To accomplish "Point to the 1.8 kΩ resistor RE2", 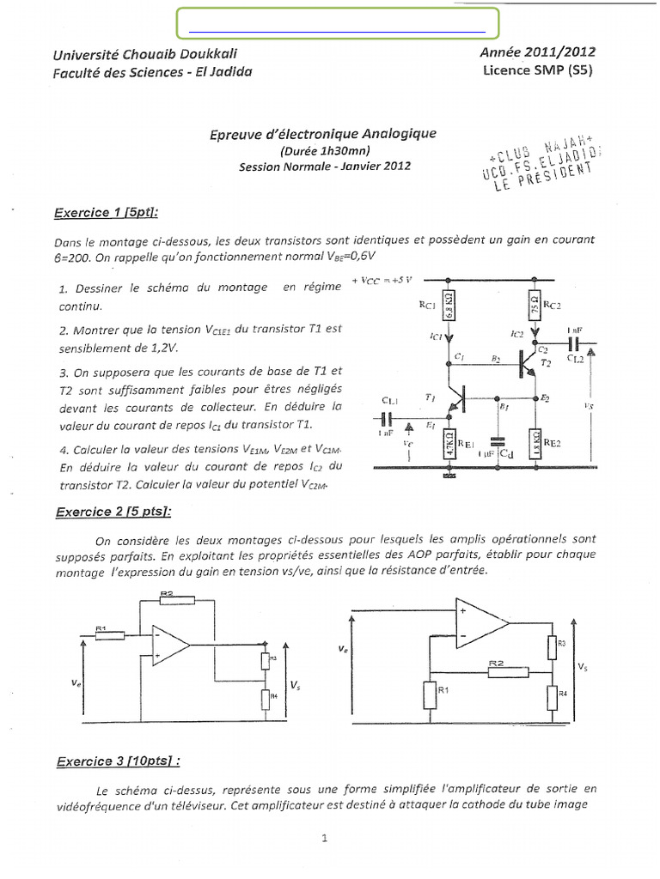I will [x=535, y=445].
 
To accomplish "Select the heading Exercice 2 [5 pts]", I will [x=113, y=512].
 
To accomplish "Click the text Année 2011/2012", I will [x=538, y=52].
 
